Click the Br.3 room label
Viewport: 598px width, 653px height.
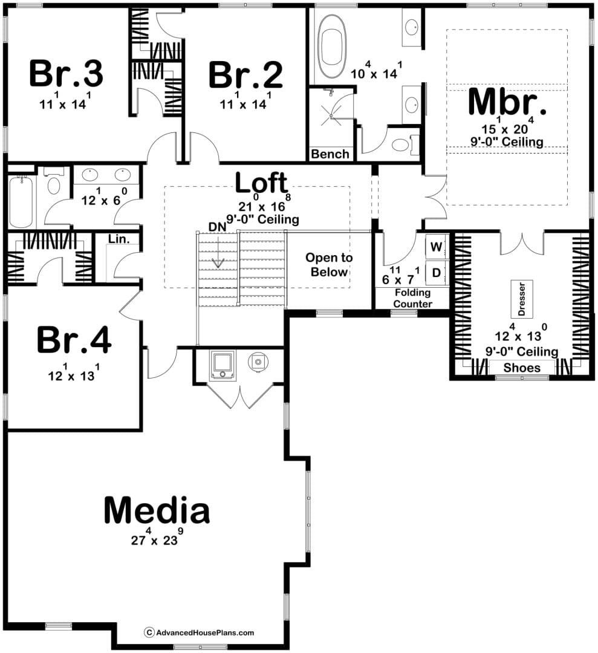click(x=66, y=74)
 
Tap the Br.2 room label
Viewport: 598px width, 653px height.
click(x=245, y=75)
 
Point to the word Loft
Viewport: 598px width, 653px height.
click(x=262, y=183)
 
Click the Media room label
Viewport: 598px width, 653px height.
click(x=157, y=510)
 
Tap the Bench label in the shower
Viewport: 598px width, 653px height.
click(x=330, y=154)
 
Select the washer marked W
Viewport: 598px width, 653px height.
click(x=437, y=247)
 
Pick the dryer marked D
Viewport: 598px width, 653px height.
click(x=437, y=273)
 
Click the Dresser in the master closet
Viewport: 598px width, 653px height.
click(x=522, y=298)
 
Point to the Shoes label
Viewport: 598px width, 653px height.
click(x=522, y=368)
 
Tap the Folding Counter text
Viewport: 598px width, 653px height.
click(x=413, y=298)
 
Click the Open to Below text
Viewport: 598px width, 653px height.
click(x=329, y=264)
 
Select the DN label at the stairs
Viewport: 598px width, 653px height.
click(x=218, y=227)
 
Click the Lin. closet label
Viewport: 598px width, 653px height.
click(x=119, y=239)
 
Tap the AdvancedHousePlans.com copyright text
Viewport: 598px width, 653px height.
click(x=199, y=632)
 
